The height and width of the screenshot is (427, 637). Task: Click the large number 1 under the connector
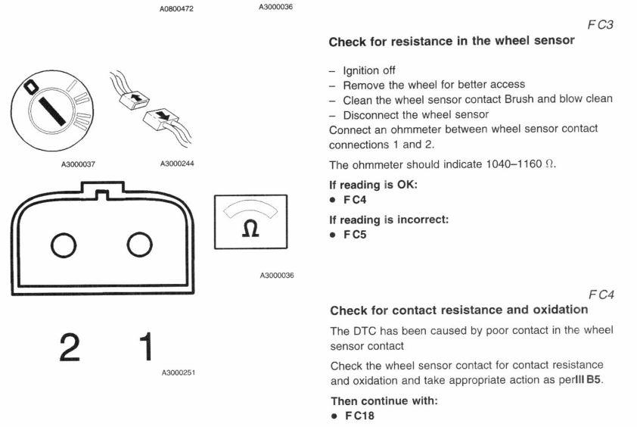[140, 346]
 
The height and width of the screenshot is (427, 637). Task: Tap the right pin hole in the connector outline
[140, 244]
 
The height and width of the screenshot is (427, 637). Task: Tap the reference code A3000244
[176, 164]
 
